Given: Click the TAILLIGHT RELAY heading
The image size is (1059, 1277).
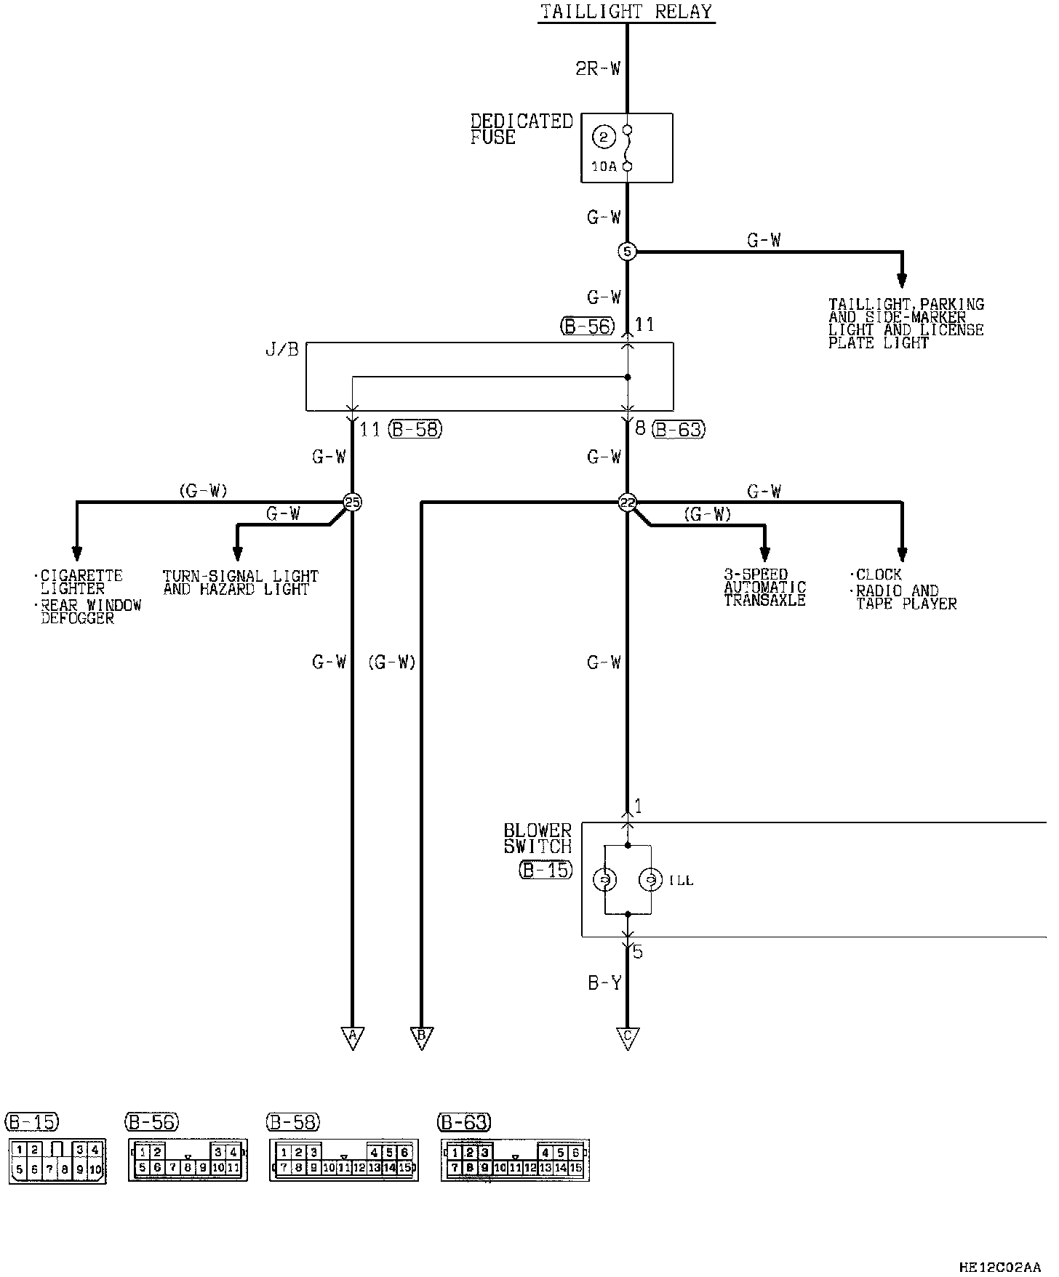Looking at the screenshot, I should [626, 12].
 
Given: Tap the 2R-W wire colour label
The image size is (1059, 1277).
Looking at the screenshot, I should [598, 69].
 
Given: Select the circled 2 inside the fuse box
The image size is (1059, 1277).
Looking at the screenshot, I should [604, 137].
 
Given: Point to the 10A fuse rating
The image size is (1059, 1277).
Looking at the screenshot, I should [604, 167].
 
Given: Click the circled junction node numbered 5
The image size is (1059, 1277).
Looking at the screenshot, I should [627, 252].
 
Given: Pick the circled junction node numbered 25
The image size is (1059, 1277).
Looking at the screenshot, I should [352, 503].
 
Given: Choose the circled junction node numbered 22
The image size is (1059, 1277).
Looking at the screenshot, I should [627, 503].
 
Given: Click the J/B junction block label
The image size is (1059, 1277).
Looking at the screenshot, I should [282, 351].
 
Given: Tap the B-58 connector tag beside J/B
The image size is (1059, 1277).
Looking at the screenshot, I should [415, 429].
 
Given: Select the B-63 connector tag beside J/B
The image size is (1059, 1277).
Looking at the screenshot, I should [679, 429].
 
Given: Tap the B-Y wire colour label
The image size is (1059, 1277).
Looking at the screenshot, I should [604, 983].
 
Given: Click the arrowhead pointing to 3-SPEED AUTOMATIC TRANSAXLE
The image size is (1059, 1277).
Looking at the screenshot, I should [764, 554].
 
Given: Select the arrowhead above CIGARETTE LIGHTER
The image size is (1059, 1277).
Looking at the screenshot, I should [76, 554].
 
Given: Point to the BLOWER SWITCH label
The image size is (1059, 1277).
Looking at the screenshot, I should [538, 838].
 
